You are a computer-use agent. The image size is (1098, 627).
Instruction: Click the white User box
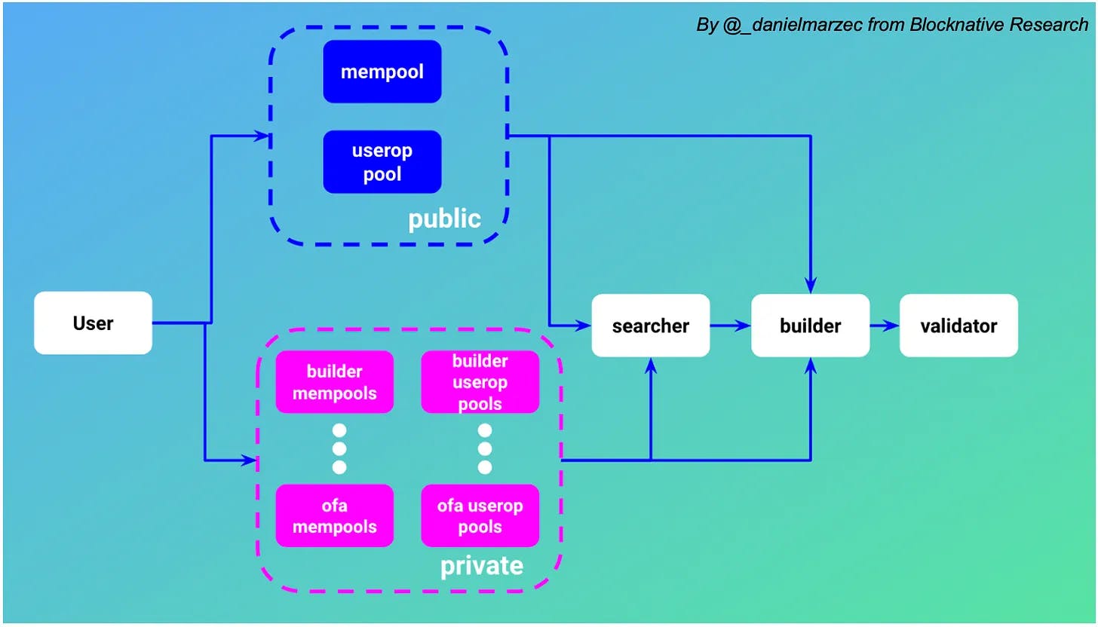tap(93, 323)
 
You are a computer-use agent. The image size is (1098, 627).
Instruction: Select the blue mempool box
tap(382, 72)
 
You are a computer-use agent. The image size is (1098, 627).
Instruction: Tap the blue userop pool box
tap(382, 162)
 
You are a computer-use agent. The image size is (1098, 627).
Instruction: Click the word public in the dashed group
tap(444, 219)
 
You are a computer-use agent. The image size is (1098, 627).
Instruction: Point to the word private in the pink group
tap(481, 565)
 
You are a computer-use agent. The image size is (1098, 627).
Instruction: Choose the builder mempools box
tap(335, 382)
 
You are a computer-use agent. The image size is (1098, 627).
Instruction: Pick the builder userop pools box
tap(480, 382)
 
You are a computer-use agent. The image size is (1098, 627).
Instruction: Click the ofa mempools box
tap(335, 515)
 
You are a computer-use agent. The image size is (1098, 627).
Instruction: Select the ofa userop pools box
tap(480, 515)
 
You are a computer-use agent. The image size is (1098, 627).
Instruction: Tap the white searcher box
tap(650, 326)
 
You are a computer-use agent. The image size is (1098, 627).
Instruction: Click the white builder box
tap(810, 326)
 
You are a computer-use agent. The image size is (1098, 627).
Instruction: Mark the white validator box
tap(958, 326)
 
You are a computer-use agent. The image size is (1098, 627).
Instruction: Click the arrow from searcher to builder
tap(731, 326)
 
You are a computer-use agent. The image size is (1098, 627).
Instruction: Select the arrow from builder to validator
tap(885, 326)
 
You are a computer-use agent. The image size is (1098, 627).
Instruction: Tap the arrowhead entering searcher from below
tap(651, 365)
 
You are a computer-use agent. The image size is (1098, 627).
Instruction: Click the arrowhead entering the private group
tap(250, 460)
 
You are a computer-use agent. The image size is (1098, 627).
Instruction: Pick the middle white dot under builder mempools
tap(339, 449)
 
